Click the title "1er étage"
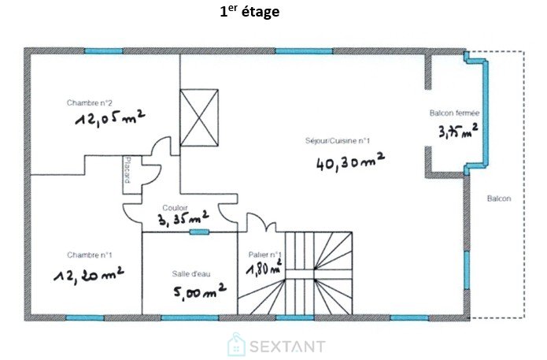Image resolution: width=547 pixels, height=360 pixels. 249,12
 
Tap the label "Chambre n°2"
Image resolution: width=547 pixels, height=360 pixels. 89,103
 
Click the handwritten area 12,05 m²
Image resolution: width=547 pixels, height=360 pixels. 110,118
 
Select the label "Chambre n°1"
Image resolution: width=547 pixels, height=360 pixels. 90,255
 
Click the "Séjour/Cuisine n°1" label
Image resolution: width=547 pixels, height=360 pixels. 338,141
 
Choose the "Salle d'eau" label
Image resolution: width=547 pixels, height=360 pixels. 191,274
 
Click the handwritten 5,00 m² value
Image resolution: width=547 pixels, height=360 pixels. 200,290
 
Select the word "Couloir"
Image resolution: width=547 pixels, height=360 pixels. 176,208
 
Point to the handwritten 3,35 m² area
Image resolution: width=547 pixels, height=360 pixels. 183,218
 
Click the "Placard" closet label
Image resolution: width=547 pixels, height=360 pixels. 127,170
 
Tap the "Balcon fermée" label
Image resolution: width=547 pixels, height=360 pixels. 454,113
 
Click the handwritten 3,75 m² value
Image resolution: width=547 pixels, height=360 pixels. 458,130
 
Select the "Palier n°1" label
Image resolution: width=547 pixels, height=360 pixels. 264,255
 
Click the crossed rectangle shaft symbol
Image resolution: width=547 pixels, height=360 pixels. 199,117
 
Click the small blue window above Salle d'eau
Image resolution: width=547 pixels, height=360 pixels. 200,232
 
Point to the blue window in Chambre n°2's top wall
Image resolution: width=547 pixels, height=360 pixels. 104,51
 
